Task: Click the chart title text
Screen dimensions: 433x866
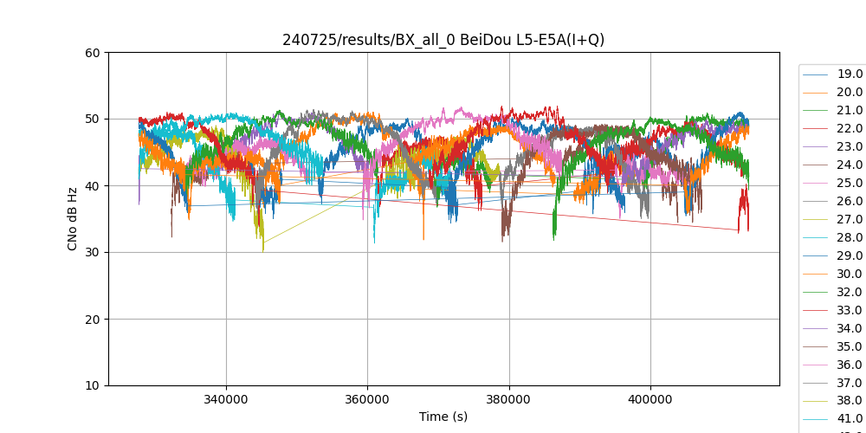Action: click(x=443, y=40)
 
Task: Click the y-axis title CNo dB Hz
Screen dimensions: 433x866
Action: click(x=73, y=219)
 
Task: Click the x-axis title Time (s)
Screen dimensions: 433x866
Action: click(x=443, y=417)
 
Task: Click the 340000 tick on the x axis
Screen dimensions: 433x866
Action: click(x=226, y=400)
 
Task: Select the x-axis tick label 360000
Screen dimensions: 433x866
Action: click(x=367, y=400)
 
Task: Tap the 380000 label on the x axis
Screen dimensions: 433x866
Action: click(x=509, y=400)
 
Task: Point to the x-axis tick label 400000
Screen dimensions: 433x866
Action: click(x=650, y=400)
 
